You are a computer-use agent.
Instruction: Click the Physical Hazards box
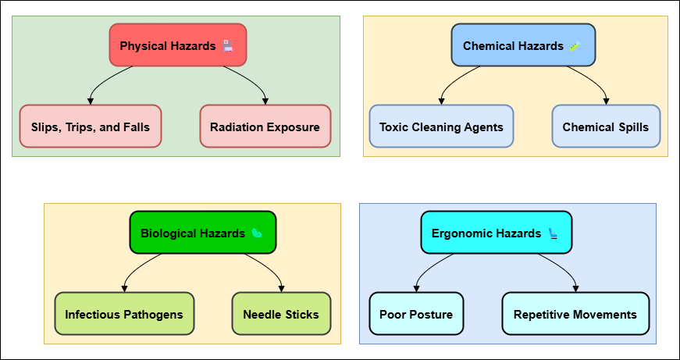tap(178, 45)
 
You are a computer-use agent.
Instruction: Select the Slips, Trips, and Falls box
tap(91, 127)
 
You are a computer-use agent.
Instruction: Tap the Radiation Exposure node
tap(265, 127)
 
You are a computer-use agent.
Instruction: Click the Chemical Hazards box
tap(523, 45)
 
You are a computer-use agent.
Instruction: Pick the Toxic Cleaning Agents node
tap(441, 127)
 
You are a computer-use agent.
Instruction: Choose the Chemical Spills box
tap(606, 127)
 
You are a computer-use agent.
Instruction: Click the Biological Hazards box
tap(203, 232)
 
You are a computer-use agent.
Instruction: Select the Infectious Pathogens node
tap(124, 314)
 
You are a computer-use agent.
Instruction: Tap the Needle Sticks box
tap(281, 314)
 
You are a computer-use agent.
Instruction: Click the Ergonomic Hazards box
tap(496, 232)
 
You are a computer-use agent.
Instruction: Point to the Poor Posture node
tap(416, 314)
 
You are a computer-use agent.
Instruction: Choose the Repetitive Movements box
tap(575, 314)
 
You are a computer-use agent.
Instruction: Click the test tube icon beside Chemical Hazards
tap(575, 45)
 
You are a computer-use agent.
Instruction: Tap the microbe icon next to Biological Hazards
tap(257, 233)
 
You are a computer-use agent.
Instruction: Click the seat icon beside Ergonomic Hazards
tap(554, 233)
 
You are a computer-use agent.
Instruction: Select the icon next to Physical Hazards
tap(228, 45)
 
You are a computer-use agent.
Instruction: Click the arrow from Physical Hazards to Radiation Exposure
tap(255, 80)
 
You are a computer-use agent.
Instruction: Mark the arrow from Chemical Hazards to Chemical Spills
tap(596, 80)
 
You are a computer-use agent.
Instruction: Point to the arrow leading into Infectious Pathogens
tap(134, 268)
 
